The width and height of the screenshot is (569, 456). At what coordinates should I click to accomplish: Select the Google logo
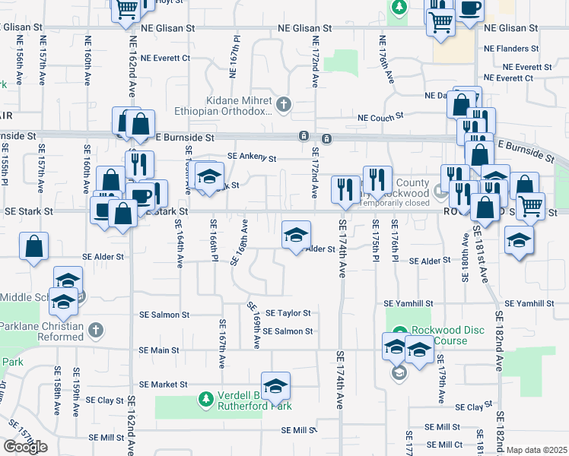click(25, 446)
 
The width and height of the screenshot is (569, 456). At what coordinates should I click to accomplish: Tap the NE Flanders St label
click(511, 48)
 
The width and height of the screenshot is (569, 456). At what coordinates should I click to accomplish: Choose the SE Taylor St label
click(288, 312)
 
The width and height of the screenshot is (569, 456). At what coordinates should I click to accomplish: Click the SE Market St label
click(164, 385)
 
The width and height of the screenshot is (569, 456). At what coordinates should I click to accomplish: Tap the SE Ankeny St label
click(251, 158)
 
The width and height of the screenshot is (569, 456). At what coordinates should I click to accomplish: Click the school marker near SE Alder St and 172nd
click(296, 235)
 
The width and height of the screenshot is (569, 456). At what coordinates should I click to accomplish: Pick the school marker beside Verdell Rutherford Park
click(276, 385)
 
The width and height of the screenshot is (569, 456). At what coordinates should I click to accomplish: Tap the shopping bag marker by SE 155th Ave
click(33, 245)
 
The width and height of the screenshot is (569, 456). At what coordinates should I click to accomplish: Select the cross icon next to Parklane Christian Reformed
click(95, 330)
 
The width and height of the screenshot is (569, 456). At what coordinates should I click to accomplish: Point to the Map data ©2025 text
click(537, 450)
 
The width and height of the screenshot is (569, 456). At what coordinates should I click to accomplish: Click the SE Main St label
click(159, 350)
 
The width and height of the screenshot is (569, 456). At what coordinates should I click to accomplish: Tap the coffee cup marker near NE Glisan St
click(469, 10)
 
